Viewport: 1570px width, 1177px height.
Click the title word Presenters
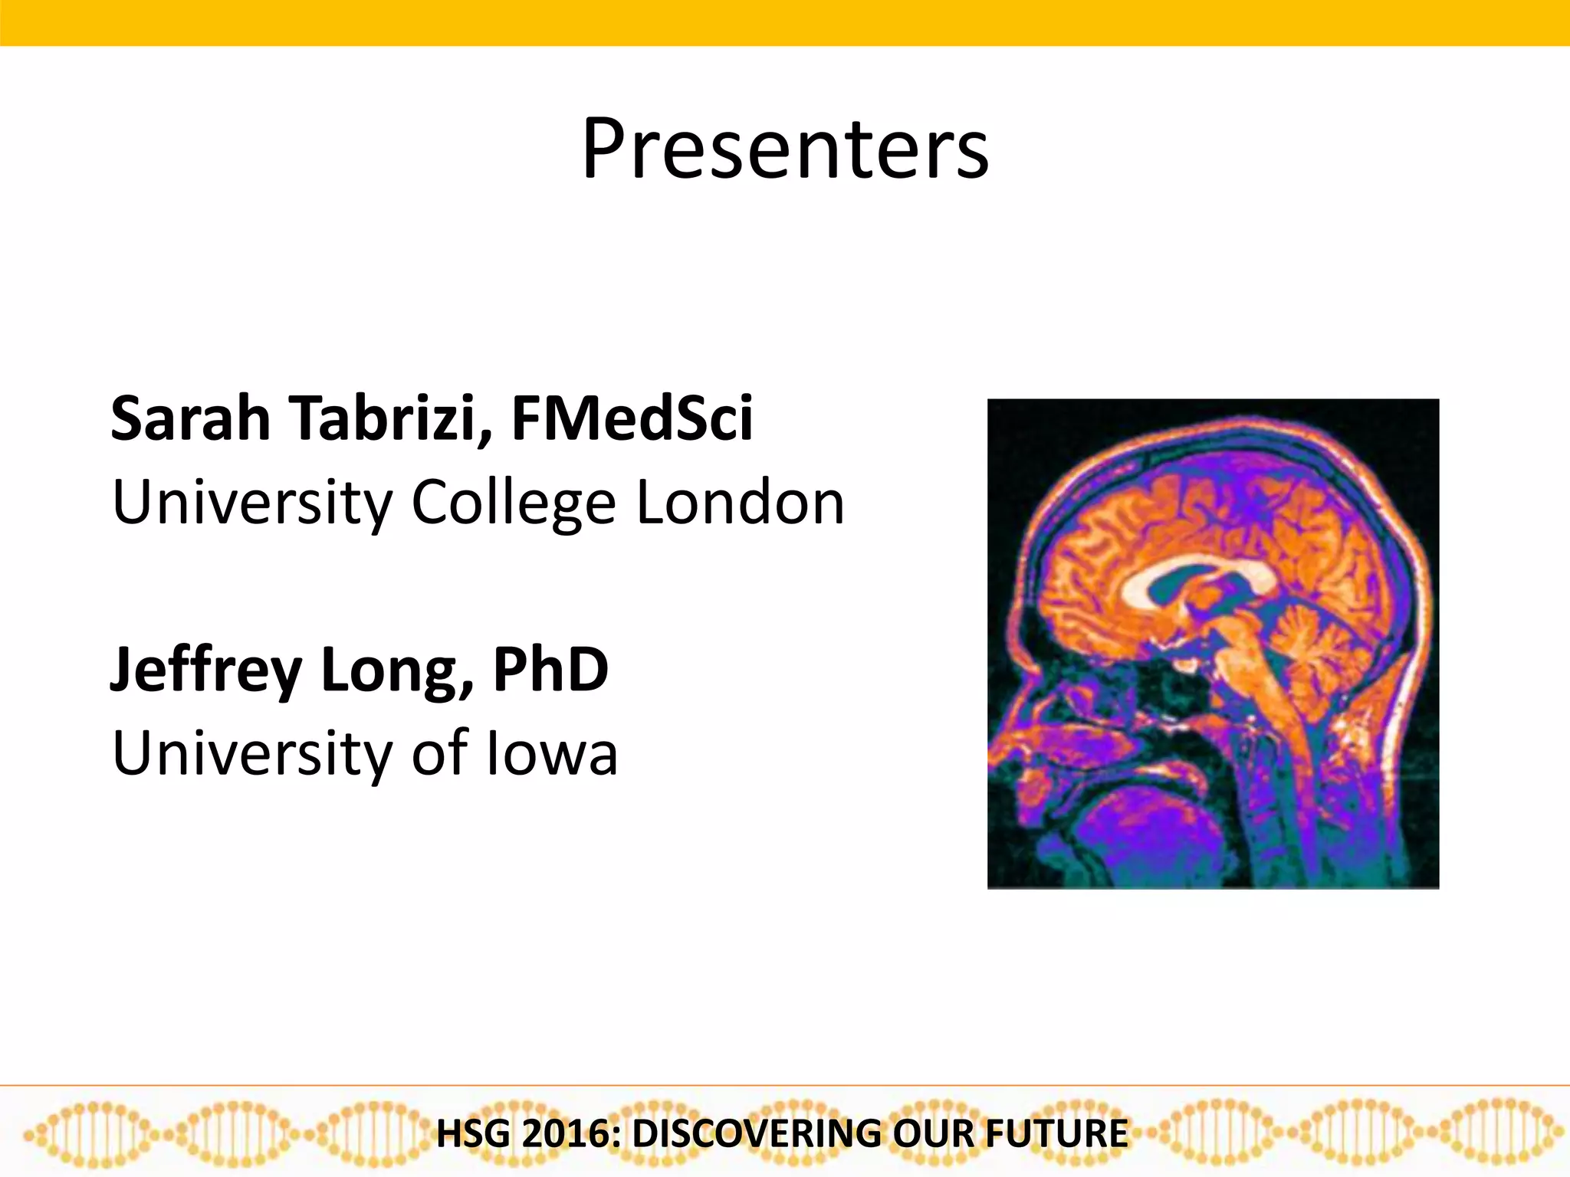click(785, 149)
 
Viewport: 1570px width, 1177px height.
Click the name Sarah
click(190, 418)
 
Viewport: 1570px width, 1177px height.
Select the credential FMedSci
click(632, 418)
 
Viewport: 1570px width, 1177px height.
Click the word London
click(740, 503)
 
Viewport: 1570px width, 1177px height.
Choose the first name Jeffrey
click(205, 670)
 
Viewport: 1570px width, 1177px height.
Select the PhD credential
click(550, 670)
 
